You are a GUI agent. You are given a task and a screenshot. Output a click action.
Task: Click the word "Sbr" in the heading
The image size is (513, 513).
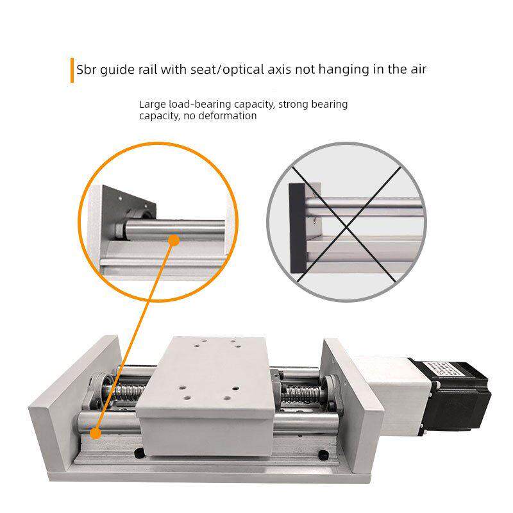pyautogui.click(x=87, y=70)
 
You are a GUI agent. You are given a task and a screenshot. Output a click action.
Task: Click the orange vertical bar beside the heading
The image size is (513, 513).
pyautogui.click(x=72, y=71)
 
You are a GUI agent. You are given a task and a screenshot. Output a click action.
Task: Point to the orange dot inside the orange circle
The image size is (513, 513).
pyautogui.click(x=174, y=240)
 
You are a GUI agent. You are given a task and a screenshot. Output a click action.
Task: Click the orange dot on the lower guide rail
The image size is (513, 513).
pyautogui.click(x=96, y=433)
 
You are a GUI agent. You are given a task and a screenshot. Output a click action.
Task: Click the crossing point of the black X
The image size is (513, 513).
pyautogui.click(x=346, y=226)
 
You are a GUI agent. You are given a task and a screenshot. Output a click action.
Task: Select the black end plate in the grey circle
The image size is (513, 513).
pyautogui.click(x=298, y=228)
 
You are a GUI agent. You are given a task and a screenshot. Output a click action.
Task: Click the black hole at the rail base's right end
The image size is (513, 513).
pyautogui.click(x=323, y=455)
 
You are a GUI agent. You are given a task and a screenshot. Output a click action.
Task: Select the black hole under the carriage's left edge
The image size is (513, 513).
pyautogui.click(x=140, y=453)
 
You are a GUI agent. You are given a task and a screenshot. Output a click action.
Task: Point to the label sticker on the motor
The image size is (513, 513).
pyautogui.click(x=440, y=369)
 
